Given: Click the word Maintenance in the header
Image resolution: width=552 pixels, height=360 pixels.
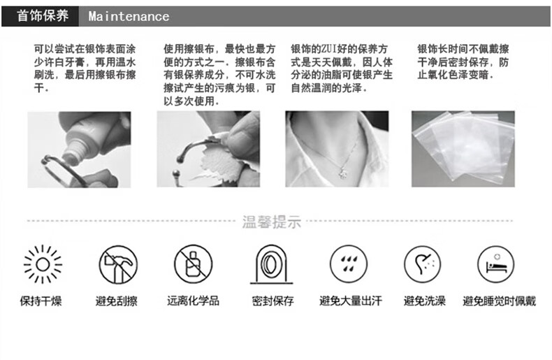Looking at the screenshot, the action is pyautogui.click(x=129, y=17).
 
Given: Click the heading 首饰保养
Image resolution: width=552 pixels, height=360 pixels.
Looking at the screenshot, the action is pyautogui.click(x=42, y=16).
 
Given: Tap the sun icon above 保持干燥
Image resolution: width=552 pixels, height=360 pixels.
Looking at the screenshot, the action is pyautogui.click(x=43, y=264).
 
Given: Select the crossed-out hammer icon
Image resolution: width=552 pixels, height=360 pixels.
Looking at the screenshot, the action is pyautogui.click(x=118, y=264).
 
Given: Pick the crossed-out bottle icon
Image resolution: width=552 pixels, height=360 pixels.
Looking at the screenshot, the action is pyautogui.click(x=194, y=264).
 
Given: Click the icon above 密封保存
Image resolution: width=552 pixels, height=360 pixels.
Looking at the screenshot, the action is pyautogui.click(x=271, y=264).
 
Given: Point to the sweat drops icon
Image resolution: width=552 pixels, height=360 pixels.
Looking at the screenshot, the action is pyautogui.click(x=349, y=264).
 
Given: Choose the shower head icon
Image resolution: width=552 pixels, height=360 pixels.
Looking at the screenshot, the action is pyautogui.click(x=423, y=264).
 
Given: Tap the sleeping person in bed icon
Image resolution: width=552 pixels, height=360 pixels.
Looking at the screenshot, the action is pyautogui.click(x=495, y=264).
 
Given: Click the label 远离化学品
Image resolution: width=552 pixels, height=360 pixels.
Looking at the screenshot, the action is pyautogui.click(x=194, y=301).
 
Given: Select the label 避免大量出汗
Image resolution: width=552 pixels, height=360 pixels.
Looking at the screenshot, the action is pyautogui.click(x=350, y=301).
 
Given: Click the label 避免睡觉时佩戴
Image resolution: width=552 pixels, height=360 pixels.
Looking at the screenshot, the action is pyautogui.click(x=499, y=301).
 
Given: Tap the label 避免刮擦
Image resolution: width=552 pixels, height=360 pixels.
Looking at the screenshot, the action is pyautogui.click(x=117, y=301).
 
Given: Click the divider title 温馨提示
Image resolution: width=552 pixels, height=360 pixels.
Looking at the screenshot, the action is pyautogui.click(x=271, y=222).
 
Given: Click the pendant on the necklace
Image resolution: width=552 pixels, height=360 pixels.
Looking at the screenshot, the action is pyautogui.click(x=342, y=173).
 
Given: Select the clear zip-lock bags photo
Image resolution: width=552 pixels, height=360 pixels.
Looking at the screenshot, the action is pyautogui.click(x=463, y=149).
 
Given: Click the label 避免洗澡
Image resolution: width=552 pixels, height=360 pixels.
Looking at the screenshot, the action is pyautogui.click(x=425, y=301).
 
